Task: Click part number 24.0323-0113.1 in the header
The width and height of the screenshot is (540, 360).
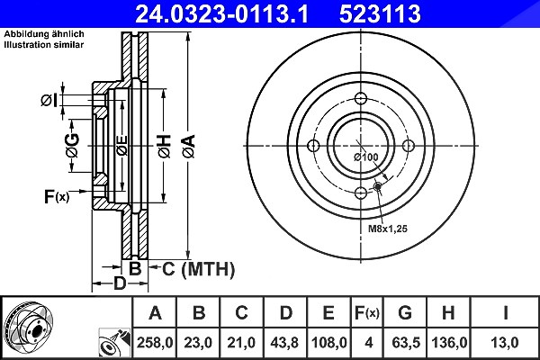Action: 221,13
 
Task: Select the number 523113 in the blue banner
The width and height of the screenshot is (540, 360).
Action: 380,13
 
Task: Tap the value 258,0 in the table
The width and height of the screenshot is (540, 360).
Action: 155,343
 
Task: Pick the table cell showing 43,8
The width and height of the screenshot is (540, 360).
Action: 284,343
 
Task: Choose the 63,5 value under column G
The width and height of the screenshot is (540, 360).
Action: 406,343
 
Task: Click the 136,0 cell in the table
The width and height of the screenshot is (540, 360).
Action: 449,343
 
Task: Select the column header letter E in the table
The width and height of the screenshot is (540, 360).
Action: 328,313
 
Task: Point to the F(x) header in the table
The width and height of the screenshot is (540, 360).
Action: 367,313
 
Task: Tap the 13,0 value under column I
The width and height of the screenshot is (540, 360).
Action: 505,343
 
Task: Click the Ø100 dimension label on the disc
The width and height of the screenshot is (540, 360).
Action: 366,157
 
